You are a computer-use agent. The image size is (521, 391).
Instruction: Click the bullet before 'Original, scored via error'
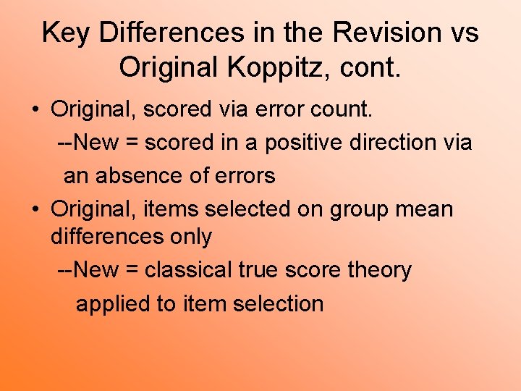[35, 110]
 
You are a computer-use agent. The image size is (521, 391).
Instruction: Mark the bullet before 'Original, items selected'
[35, 210]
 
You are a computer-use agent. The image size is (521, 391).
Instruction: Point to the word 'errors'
[248, 176]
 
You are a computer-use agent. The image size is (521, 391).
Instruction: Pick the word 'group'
[363, 210]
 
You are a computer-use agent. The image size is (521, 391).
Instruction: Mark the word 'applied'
[112, 304]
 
